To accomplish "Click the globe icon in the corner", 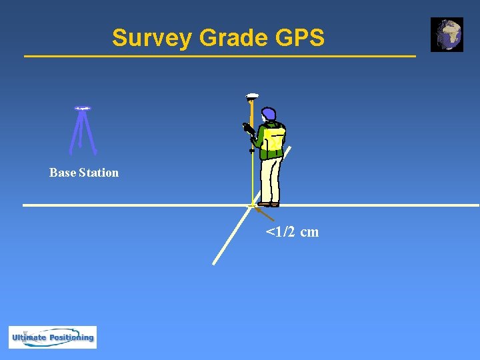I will pyautogui.click(x=447, y=35).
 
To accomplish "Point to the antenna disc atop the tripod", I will pyautogui.click(x=83, y=108).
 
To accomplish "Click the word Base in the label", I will pyautogui.click(x=63, y=173).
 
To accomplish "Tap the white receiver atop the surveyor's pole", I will pyautogui.click(x=252, y=96).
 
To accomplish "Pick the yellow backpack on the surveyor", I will pyautogui.click(x=275, y=141).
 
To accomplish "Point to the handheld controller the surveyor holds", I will pyautogui.click(x=248, y=128).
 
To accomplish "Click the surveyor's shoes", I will pyautogui.click(x=269, y=204).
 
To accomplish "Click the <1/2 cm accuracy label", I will pyautogui.click(x=292, y=232).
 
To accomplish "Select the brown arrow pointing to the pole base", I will pyautogui.click(x=265, y=214).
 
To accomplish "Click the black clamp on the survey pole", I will pyautogui.click(x=252, y=151).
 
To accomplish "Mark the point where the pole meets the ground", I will pyautogui.click(x=252, y=205).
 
